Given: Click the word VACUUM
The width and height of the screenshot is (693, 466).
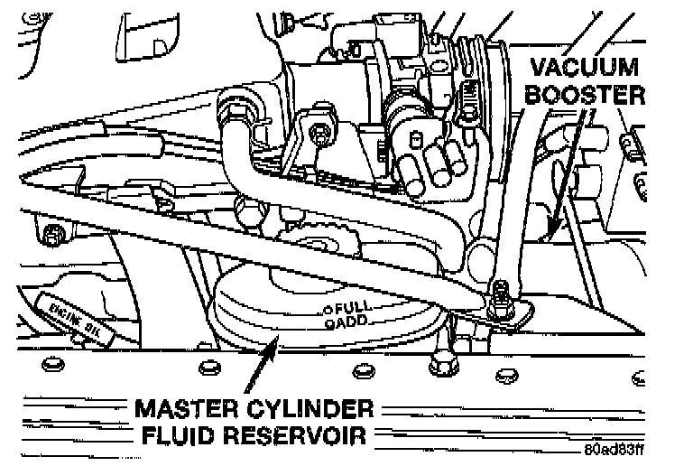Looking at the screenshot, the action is (x=585, y=68).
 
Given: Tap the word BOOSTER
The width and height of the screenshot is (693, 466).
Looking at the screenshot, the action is (x=588, y=95).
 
